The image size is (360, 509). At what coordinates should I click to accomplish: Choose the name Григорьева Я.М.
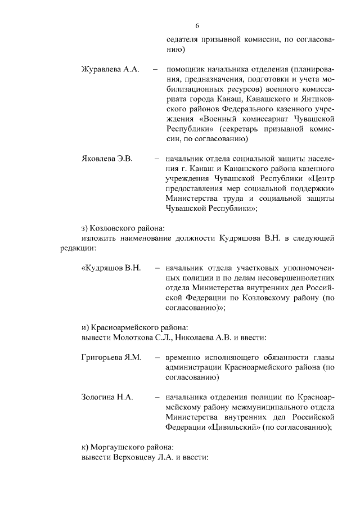pyautogui.click(x=111, y=357)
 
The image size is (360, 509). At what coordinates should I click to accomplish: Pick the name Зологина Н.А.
pyautogui.click(x=107, y=397)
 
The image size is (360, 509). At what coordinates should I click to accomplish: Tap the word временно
pyautogui.click(x=186, y=357)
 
